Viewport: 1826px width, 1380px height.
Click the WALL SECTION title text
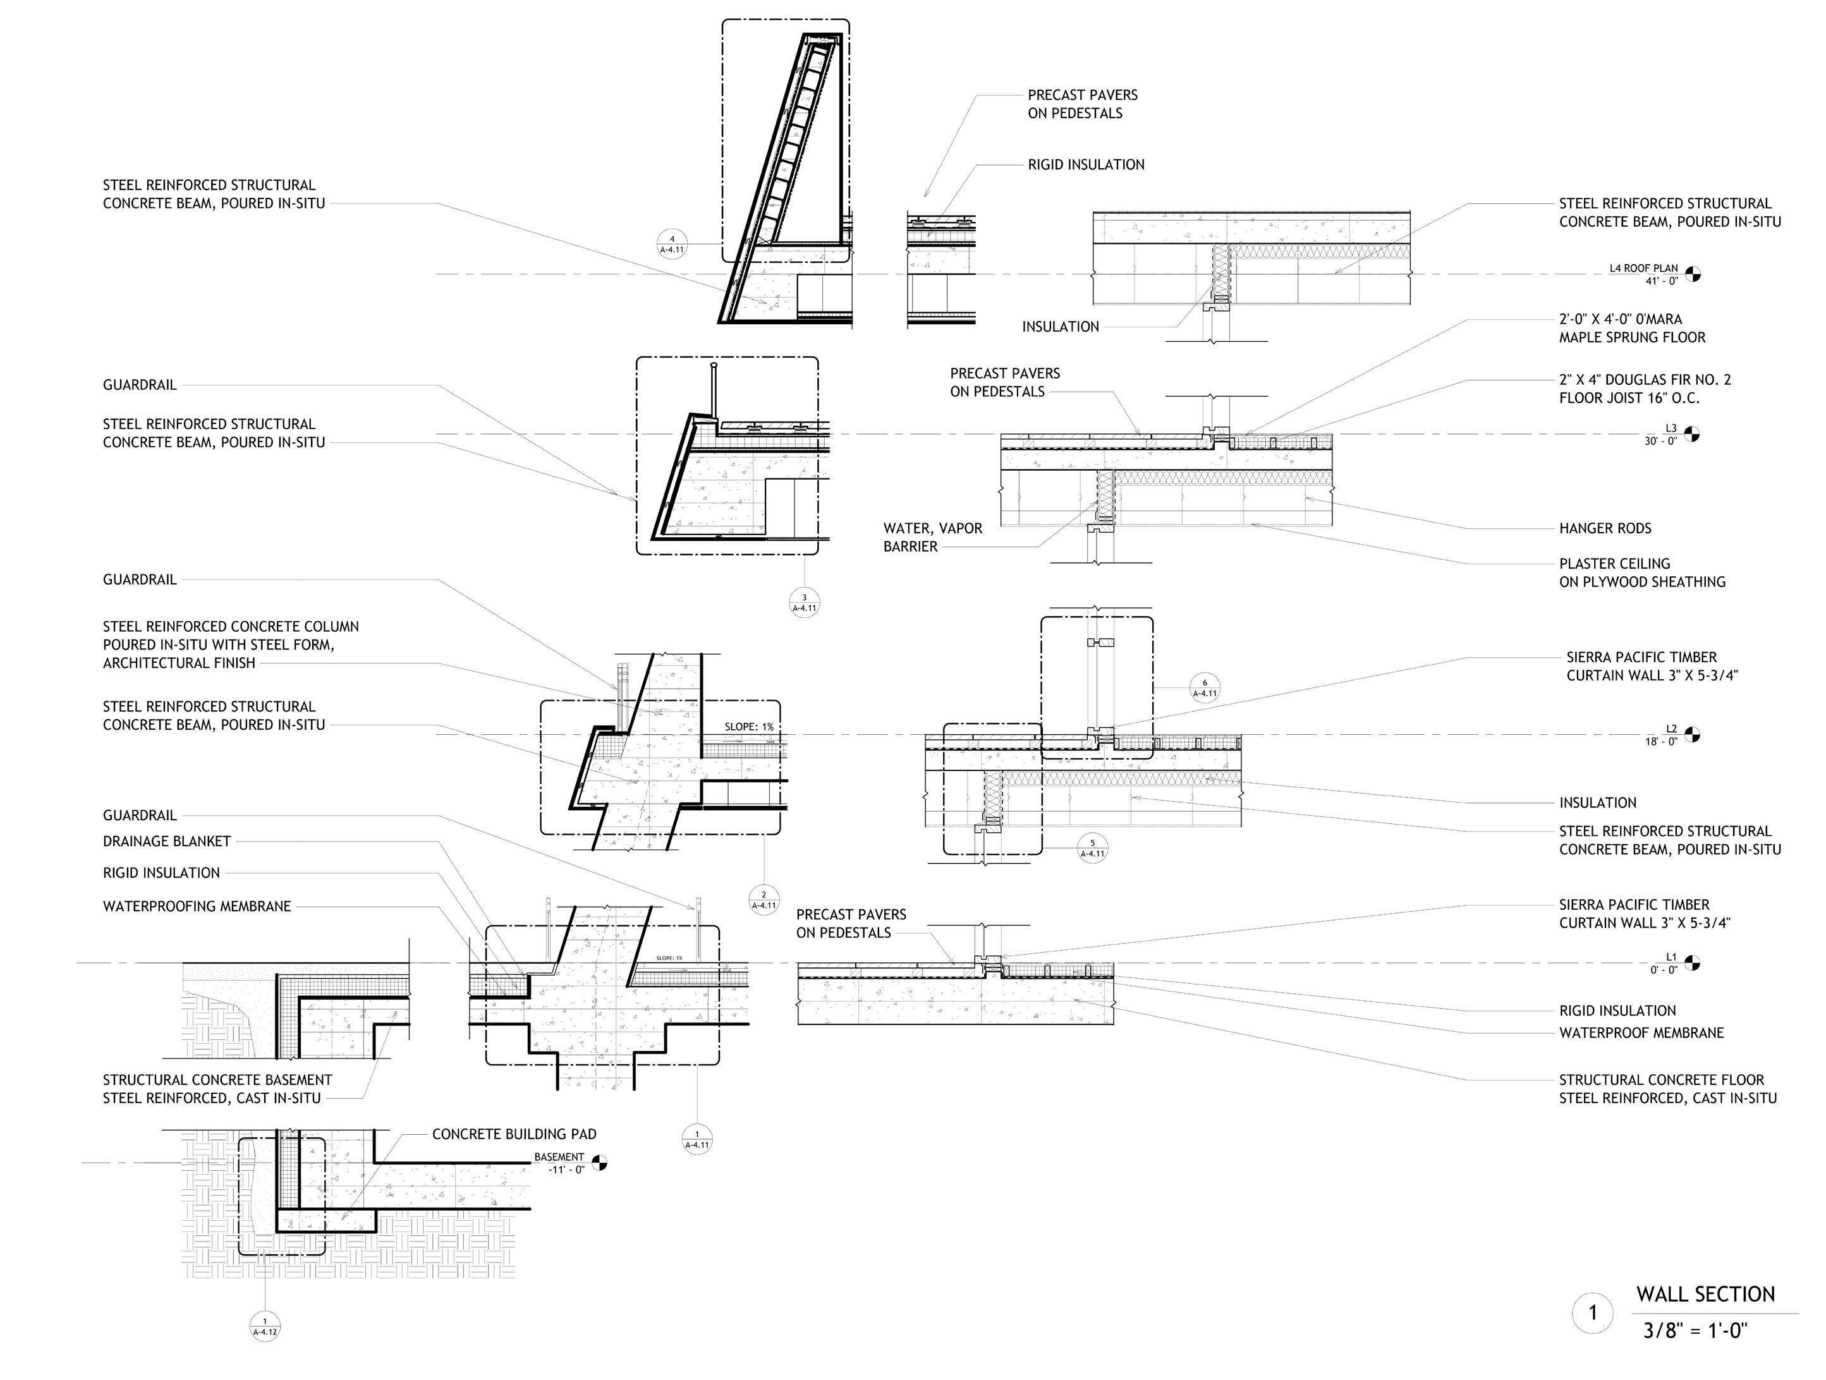[x=1705, y=1294]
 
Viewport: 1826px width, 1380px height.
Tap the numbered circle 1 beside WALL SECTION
[x=1592, y=1313]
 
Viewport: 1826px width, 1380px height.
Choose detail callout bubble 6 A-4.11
[x=1205, y=687]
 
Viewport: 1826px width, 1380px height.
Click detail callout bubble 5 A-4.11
[x=1092, y=847]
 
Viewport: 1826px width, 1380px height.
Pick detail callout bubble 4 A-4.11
[x=671, y=245]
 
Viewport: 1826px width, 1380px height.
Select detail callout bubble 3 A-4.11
[x=804, y=603]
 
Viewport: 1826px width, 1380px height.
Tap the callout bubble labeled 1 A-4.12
[x=264, y=1326]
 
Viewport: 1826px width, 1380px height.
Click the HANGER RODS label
[x=1605, y=528]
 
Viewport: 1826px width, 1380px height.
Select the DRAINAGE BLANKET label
[x=167, y=841]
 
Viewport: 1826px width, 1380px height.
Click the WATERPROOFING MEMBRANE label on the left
[x=197, y=906]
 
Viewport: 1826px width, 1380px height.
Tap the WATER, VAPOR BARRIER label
[x=932, y=537]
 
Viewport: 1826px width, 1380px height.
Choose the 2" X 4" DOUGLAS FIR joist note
[x=1645, y=389]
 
